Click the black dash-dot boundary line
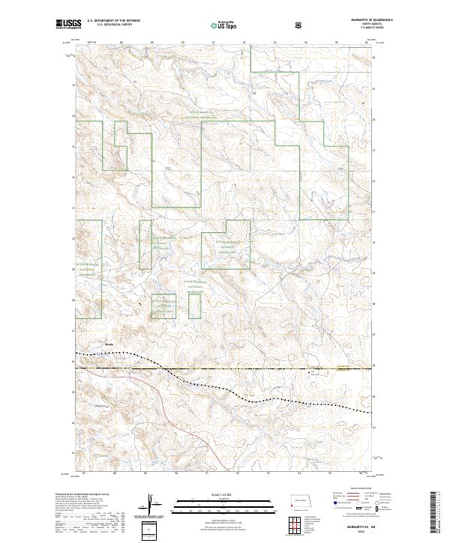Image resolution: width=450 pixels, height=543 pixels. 225,368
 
